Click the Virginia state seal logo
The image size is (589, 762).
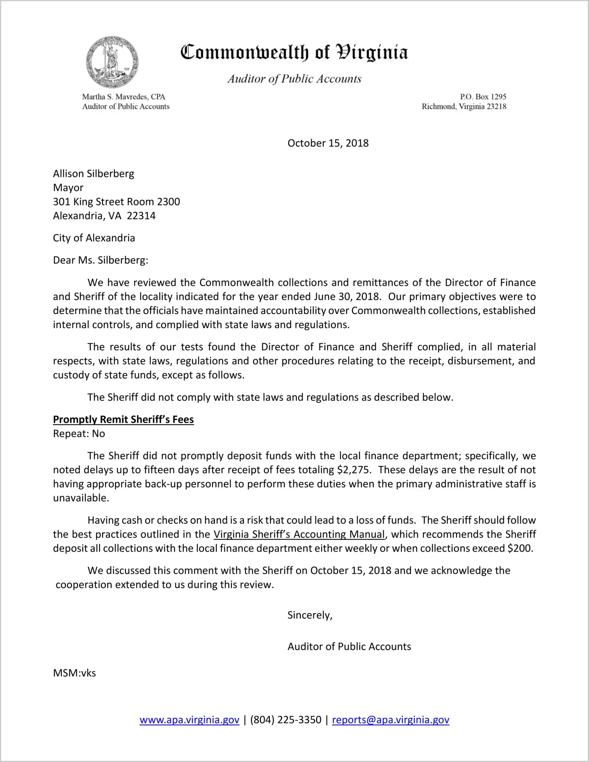(112, 62)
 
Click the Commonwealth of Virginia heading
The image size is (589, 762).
(294, 52)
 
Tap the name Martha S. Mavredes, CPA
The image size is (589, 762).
(123, 97)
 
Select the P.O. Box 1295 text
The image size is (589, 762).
(483, 97)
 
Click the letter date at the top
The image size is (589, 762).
(328, 143)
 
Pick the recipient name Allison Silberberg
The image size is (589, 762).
(93, 174)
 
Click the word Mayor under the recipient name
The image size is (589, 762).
(68, 188)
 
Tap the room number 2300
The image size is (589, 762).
(168, 202)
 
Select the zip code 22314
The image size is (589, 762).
(141, 216)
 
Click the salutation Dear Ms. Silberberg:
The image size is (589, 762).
(101, 260)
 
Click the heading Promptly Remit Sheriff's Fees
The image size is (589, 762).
(123, 419)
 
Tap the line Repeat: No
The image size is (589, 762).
(79, 434)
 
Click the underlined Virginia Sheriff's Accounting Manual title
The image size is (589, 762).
(299, 534)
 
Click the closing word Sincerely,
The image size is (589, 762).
(310, 615)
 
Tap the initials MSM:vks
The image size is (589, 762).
(75, 673)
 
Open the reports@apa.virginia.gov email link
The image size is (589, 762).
(390, 720)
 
